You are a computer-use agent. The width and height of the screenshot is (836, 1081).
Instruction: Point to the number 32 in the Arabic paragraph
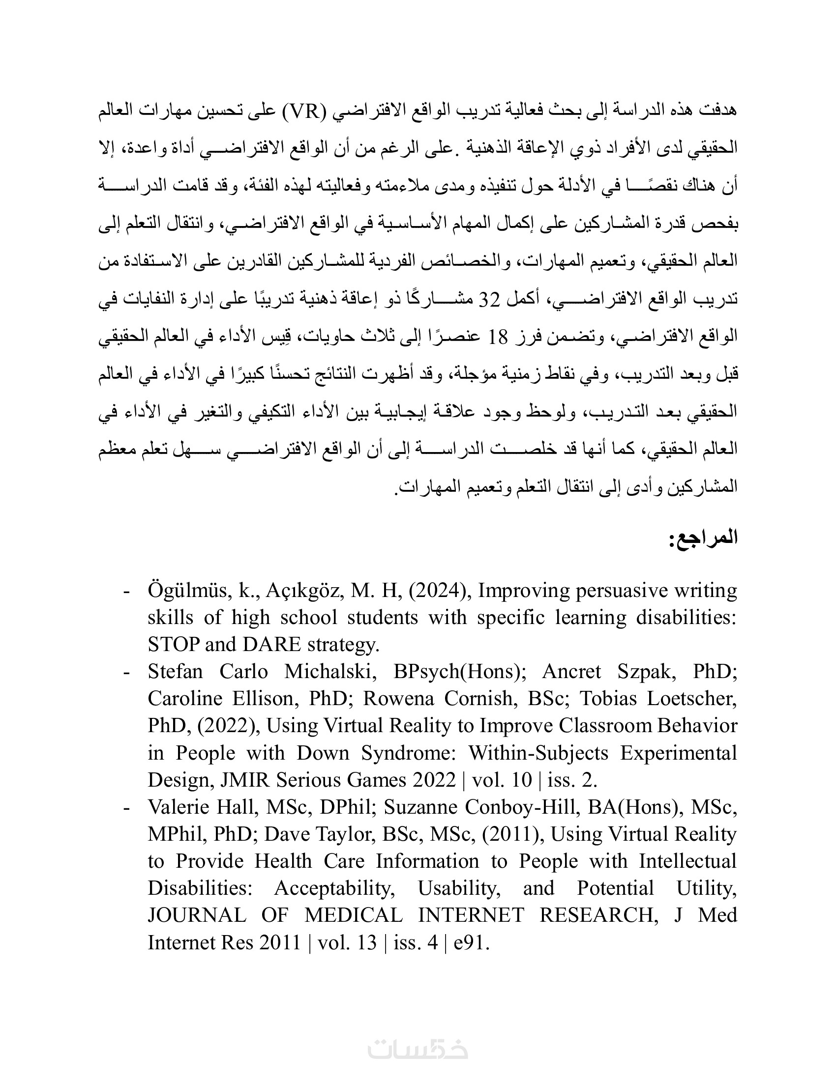(490, 299)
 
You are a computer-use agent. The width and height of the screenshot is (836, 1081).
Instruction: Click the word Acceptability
(334, 888)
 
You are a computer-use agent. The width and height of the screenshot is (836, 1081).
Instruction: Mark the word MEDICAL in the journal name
(354, 915)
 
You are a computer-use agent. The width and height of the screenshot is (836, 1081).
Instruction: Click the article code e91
(471, 942)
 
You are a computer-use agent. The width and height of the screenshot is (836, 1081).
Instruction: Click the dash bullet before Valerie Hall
(127, 807)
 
